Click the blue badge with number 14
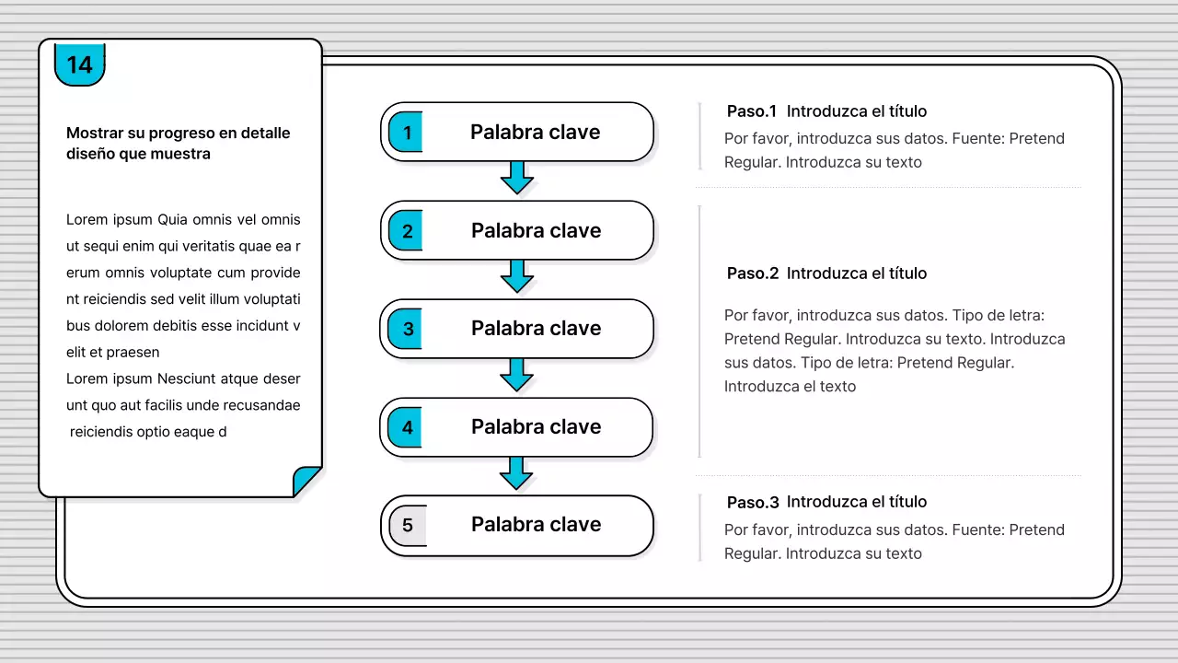click(x=79, y=64)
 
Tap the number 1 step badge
click(x=406, y=132)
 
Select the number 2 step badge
click(x=406, y=230)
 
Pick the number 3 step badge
click(x=405, y=329)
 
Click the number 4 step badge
click(x=405, y=427)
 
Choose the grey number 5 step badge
click(x=408, y=526)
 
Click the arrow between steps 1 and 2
click(x=517, y=178)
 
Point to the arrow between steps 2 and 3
click(x=517, y=276)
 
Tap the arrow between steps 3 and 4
click(x=516, y=375)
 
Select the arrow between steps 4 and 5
click(x=516, y=473)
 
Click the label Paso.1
click(x=752, y=111)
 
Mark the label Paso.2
click(x=753, y=273)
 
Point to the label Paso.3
click(x=753, y=503)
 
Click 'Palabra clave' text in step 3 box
click(x=536, y=329)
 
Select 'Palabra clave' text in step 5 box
click(x=536, y=525)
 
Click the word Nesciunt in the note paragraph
click(x=186, y=378)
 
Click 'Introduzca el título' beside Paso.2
click(x=857, y=273)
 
